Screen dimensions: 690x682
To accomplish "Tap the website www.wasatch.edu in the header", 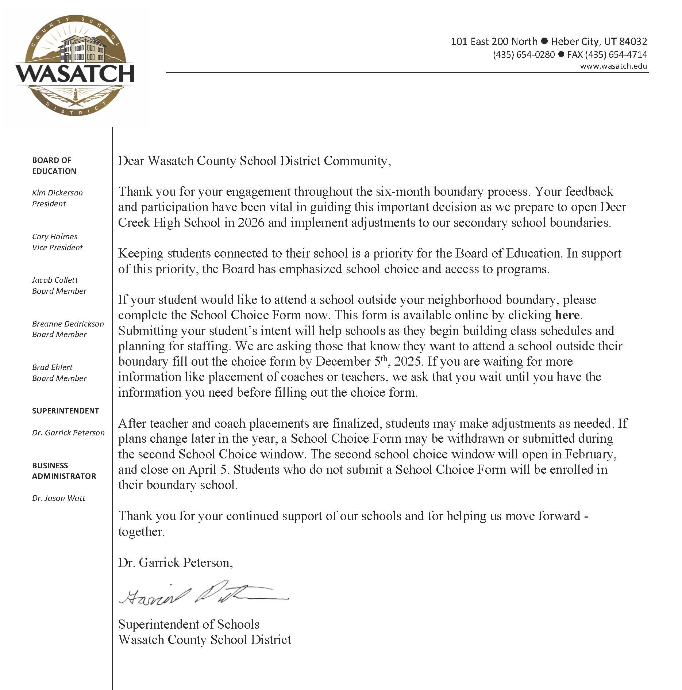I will pyautogui.click(x=613, y=66).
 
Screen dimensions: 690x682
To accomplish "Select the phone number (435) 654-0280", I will pyautogui.click(x=524, y=55).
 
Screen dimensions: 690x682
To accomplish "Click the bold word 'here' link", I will pyautogui.click(x=567, y=315).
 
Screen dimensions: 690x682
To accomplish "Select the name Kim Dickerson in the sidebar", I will pyautogui.click(x=57, y=193).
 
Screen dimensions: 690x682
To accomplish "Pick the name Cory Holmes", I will pyautogui.click(x=55, y=237).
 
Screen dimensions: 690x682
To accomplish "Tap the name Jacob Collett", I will pyautogui.click(x=55, y=280).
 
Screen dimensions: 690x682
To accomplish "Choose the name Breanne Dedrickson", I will pyautogui.click(x=68, y=324).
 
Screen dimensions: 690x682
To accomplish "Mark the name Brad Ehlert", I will pyautogui.click(x=52, y=367).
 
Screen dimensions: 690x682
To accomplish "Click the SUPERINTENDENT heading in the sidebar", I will pyautogui.click(x=66, y=411).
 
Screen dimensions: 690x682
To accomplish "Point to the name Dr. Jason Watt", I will pyautogui.click(x=58, y=498).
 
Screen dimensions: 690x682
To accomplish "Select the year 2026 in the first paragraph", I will pyautogui.click(x=251, y=222).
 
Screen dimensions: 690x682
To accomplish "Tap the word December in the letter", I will pyautogui.click(x=343, y=362).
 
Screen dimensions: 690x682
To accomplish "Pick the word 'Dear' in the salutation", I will pyautogui.click(x=131, y=161).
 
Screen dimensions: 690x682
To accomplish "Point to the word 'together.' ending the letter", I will pyautogui.click(x=142, y=532).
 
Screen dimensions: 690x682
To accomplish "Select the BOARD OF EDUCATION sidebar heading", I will pyautogui.click(x=54, y=166).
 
